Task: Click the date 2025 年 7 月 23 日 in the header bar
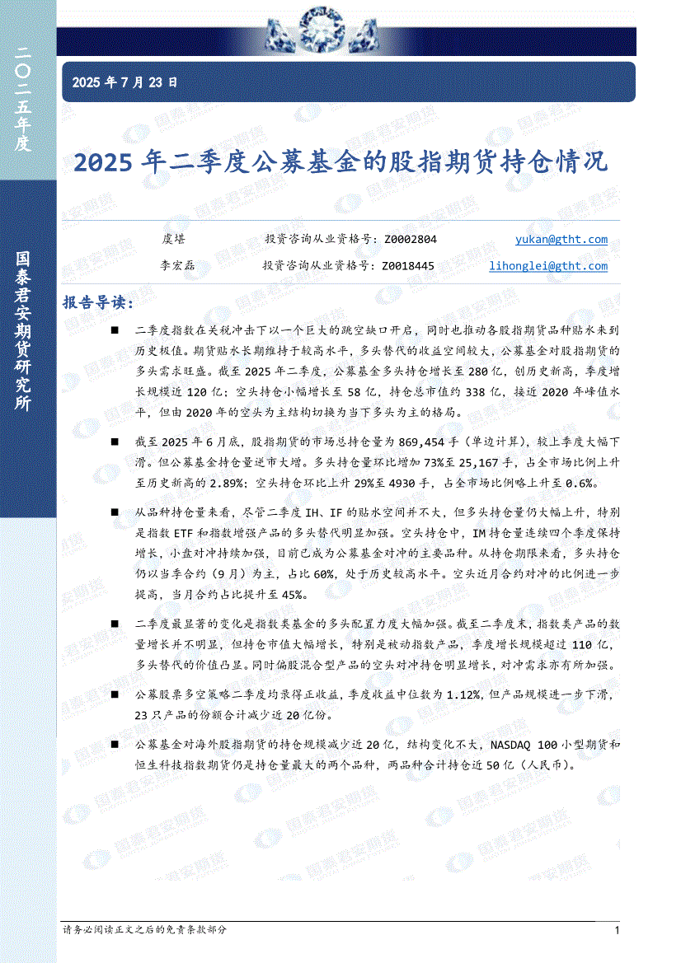pos(124,82)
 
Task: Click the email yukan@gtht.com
pos(561,240)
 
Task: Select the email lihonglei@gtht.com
pos(548,266)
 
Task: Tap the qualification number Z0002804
pos(411,240)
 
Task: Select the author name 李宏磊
pos(174,266)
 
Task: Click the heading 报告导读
pos(97,303)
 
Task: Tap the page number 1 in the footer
pos(617,930)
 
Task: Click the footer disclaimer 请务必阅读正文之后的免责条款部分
pos(144,929)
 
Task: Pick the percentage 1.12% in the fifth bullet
pos(463,696)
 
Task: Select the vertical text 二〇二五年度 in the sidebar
pos(23,99)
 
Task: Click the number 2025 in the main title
pos(103,162)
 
